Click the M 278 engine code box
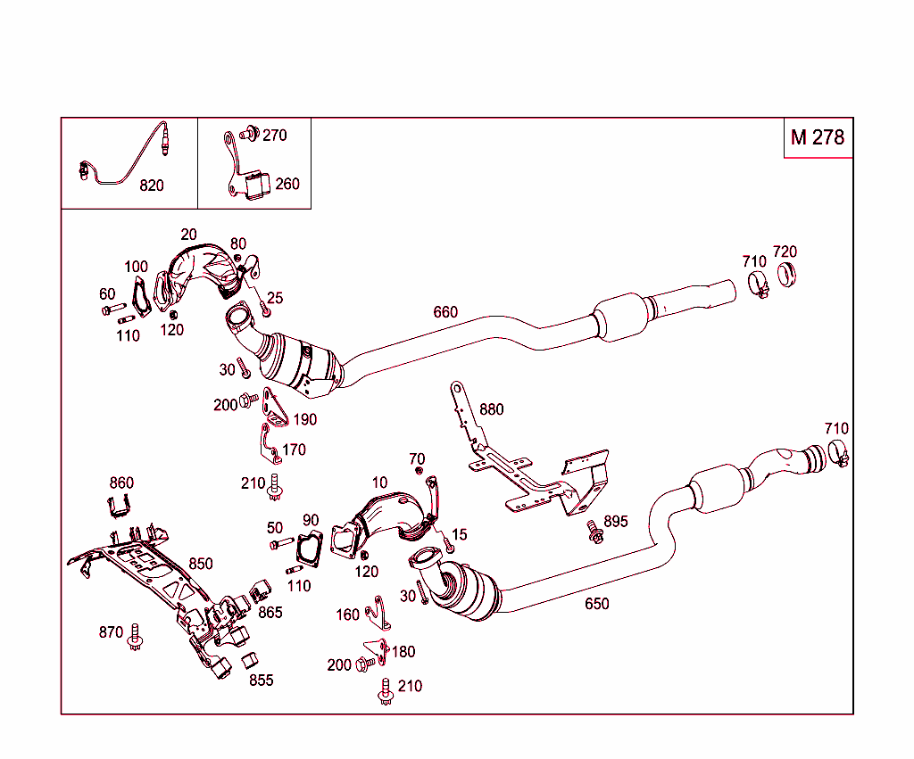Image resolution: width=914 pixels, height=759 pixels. [818, 137]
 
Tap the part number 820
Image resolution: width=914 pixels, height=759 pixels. [152, 186]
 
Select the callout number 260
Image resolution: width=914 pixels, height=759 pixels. [287, 184]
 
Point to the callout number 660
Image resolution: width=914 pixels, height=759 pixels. [445, 311]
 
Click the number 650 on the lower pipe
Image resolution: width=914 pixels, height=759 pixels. [596, 604]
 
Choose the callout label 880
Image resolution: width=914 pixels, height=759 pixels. [491, 409]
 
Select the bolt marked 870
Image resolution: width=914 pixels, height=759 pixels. [136, 636]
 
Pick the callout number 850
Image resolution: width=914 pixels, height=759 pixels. [201, 564]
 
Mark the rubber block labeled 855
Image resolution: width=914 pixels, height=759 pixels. [249, 661]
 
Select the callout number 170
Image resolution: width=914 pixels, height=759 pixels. [295, 450]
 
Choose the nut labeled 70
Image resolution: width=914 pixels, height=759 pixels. [419, 470]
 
